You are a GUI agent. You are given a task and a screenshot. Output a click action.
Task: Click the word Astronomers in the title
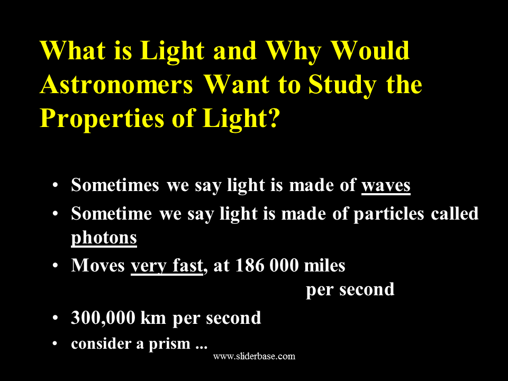point(116,84)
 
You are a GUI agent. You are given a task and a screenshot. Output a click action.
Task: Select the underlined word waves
point(386,186)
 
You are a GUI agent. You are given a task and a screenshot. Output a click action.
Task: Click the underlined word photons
point(104,239)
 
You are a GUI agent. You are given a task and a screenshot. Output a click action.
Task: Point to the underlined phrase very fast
point(167,266)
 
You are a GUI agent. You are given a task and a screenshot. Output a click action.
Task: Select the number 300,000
point(103,318)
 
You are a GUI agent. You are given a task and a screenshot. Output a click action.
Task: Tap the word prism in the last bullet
point(169,344)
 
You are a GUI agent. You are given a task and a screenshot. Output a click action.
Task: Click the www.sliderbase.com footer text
point(255,356)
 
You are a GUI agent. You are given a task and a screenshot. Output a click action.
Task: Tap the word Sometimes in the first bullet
point(115,185)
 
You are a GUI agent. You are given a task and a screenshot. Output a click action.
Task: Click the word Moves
point(98,265)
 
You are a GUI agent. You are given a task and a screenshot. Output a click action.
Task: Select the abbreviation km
point(153,317)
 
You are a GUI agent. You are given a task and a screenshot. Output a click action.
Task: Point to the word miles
point(324,265)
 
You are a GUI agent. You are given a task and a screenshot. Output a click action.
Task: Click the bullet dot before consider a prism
point(55,343)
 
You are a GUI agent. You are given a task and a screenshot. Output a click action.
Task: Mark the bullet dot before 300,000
point(55,318)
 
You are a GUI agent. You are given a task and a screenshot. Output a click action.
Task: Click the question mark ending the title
point(273,118)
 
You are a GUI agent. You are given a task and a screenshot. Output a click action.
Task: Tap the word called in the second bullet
point(455,214)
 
